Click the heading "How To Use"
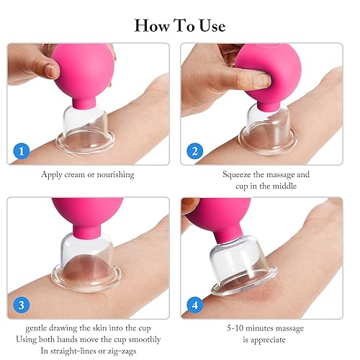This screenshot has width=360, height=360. pyautogui.click(x=180, y=26)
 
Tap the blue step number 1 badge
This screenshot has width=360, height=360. pyautogui.click(x=22, y=152)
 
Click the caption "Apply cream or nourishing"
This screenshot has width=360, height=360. pyautogui.click(x=89, y=175)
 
